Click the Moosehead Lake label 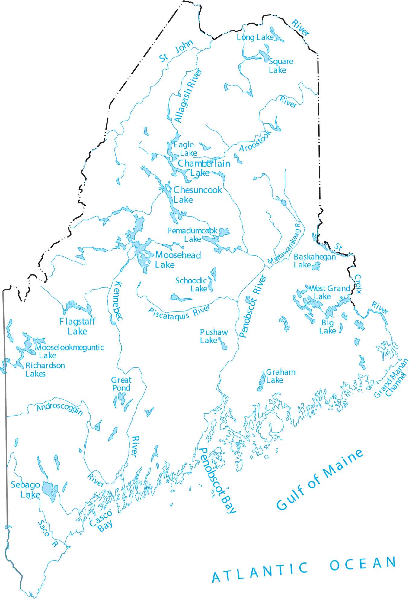178,260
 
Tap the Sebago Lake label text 25,489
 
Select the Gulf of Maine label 320,480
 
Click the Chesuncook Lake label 197,195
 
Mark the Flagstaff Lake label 77,326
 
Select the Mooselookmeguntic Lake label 69,351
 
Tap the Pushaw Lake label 214,336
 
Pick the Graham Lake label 280,376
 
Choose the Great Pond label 121,384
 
